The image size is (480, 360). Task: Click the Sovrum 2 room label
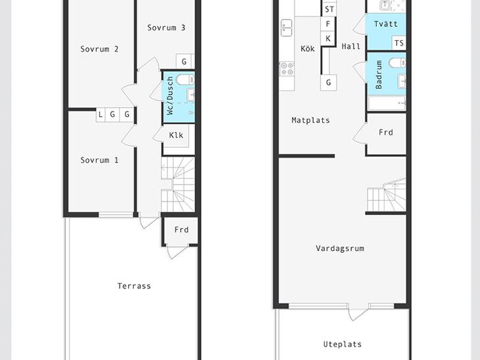click(99, 49)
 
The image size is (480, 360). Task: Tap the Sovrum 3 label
click(166, 28)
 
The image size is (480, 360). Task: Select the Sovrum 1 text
click(99, 160)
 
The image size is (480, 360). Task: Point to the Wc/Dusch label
click(170, 95)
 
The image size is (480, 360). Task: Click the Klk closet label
click(176, 135)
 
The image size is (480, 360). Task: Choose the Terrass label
click(134, 286)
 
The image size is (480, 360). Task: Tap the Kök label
click(308, 49)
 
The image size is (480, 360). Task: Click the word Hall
click(351, 47)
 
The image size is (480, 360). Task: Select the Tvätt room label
click(386, 24)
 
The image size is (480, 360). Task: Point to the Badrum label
click(379, 75)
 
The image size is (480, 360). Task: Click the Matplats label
click(311, 120)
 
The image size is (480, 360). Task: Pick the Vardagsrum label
click(340, 248)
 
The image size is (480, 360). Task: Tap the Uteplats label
click(343, 344)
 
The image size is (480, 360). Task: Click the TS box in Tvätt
click(399, 43)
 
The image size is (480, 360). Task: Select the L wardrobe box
click(101, 115)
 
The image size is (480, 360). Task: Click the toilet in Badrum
click(397, 63)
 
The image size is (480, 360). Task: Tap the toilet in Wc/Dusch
click(185, 80)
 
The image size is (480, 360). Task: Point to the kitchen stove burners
click(287, 68)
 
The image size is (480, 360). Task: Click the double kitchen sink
click(287, 28)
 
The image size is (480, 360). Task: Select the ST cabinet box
click(329, 9)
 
